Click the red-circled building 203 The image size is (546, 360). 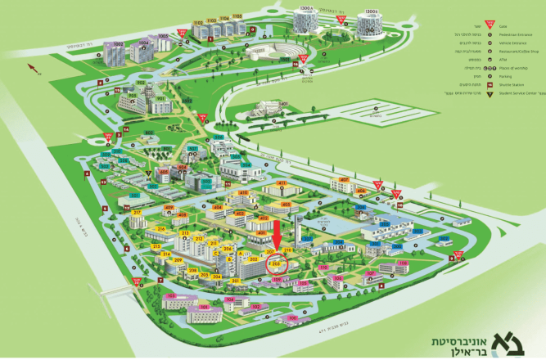[277, 264]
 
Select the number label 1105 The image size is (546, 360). [237, 16]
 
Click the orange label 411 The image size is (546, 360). [278, 182]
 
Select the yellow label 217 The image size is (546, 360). [137, 213]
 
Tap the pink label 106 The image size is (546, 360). [278, 280]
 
